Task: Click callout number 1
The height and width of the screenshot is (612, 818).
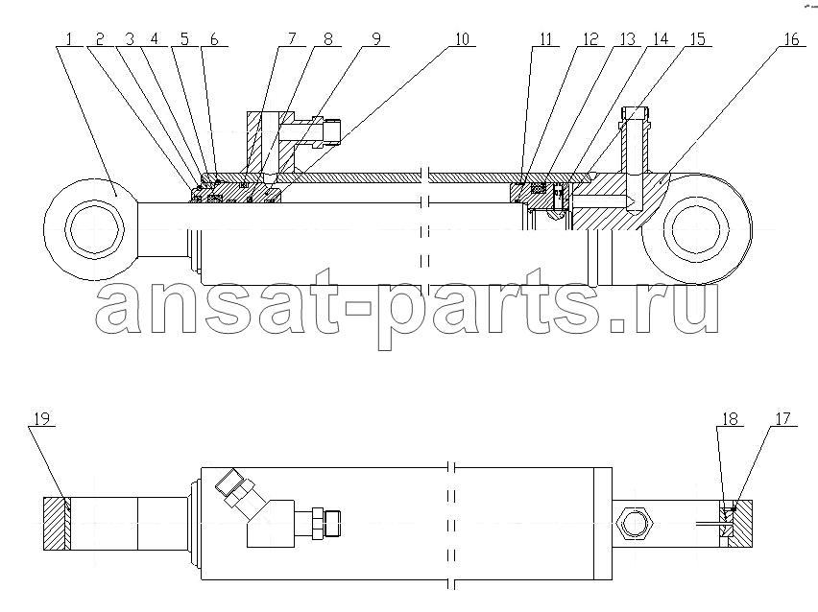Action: (69, 39)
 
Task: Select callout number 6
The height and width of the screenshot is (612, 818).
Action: (214, 39)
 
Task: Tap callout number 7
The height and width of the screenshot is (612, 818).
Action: (292, 39)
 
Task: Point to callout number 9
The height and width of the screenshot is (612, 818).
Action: (376, 39)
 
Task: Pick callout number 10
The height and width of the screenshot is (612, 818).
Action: (462, 39)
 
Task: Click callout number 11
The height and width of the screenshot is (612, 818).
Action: (545, 39)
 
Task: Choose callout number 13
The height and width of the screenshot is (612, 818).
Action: (627, 39)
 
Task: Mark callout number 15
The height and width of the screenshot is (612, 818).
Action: (697, 39)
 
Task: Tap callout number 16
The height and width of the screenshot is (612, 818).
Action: (791, 39)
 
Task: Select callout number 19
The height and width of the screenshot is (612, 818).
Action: (42, 419)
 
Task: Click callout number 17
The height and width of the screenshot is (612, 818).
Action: (783, 419)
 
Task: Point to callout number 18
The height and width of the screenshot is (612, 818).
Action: (731, 419)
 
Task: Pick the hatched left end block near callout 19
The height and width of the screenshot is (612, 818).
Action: (57, 524)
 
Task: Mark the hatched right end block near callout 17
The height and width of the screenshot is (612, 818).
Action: (740, 524)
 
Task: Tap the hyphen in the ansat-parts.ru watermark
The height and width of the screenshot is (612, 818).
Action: (360, 309)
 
